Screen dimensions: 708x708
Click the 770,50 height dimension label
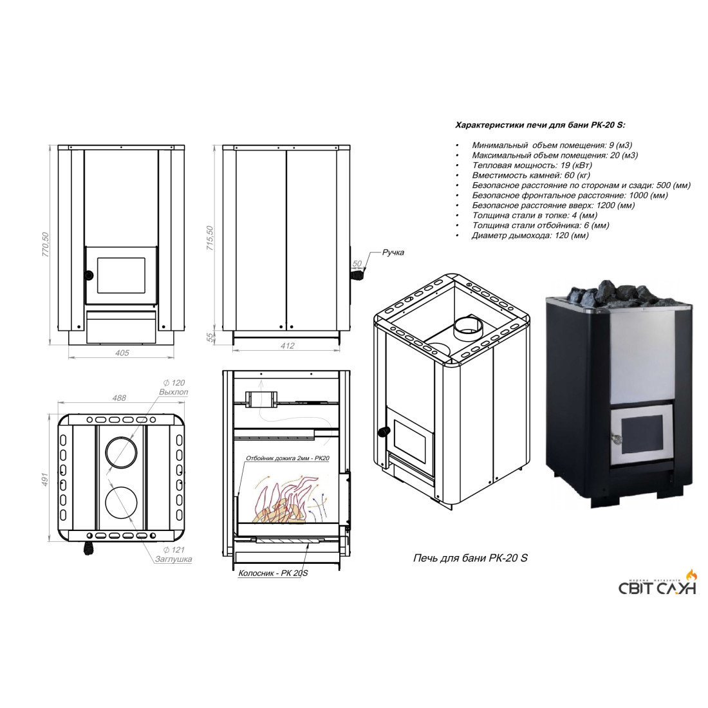tap(45, 245)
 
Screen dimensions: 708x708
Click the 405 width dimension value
tap(122, 353)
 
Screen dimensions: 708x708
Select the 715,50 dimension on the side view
tap(210, 238)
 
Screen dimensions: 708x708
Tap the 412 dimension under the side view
tap(287, 346)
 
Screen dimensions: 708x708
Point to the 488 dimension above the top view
tap(119, 398)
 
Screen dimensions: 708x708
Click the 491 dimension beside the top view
tap(44, 480)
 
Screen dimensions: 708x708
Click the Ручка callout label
tap(393, 252)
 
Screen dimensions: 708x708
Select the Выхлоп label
tap(173, 392)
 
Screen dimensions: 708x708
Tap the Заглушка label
tap(173, 559)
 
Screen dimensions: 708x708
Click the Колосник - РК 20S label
tap(273, 573)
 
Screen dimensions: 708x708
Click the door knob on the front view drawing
tap(89, 274)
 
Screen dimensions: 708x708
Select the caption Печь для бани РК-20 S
tap(470, 558)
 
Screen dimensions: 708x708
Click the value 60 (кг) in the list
tap(577, 175)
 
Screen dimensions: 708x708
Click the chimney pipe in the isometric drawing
tap(467, 328)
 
